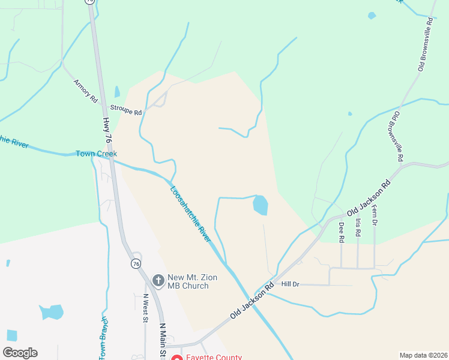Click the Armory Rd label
85,91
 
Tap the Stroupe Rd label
125,112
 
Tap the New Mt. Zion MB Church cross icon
158,280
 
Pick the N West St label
145,308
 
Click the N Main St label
161,341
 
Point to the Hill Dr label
290,284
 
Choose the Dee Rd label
341,232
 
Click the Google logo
20,353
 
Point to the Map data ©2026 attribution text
423,355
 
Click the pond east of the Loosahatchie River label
261,205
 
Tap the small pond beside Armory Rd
117,92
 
